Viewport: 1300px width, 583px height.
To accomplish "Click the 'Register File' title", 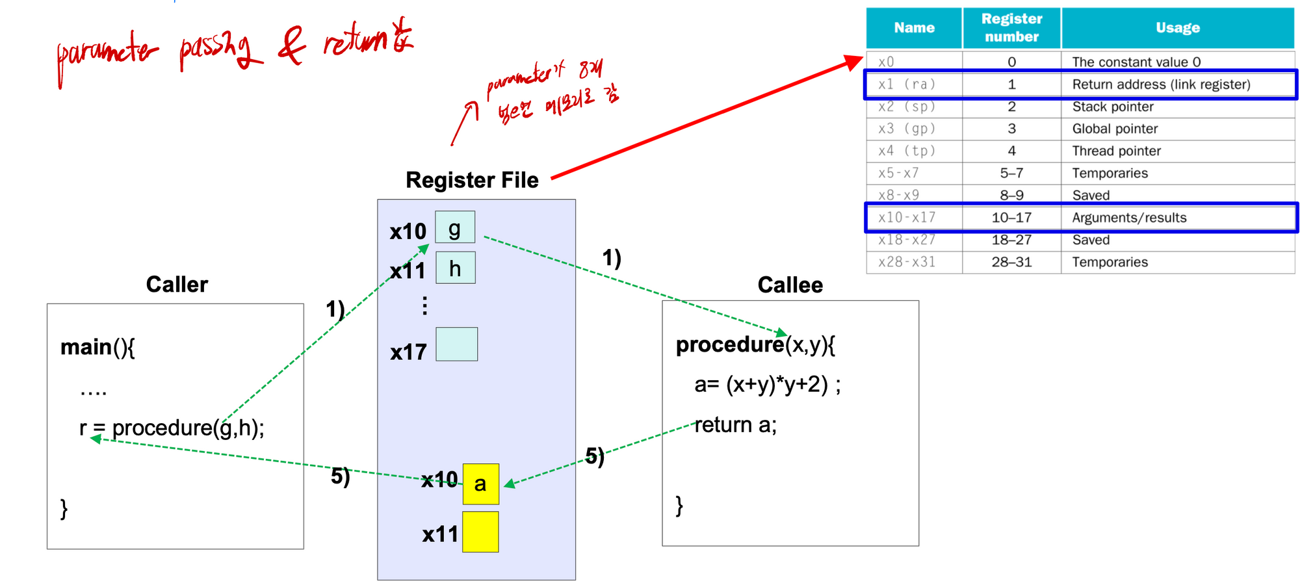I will (472, 180).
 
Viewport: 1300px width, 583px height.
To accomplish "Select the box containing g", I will (455, 227).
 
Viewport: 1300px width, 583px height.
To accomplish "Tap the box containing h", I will (455, 268).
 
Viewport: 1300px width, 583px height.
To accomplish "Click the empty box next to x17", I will (456, 344).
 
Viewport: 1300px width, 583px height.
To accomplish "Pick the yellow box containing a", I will (480, 484).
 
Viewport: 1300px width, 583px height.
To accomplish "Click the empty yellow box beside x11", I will (480, 532).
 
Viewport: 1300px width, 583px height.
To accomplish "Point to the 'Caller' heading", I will (177, 285).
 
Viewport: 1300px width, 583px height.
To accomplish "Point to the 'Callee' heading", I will (790, 285).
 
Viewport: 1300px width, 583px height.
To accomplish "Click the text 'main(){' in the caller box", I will (97, 347).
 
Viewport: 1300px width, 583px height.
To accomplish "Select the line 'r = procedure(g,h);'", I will (172, 428).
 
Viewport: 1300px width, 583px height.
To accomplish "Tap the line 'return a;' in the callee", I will (735, 425).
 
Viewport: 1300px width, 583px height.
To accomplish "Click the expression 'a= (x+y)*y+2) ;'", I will (767, 385).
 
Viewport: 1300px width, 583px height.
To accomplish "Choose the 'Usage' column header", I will (1177, 28).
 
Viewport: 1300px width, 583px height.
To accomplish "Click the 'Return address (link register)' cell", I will (1161, 84).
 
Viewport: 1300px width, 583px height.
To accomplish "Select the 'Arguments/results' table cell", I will (1129, 218).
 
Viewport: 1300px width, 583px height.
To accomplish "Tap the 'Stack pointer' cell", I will (1113, 107).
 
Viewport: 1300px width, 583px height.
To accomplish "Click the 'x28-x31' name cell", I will (907, 262).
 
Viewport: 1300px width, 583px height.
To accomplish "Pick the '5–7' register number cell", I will (1011, 173).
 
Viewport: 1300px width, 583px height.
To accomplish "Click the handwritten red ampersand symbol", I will (292, 48).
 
